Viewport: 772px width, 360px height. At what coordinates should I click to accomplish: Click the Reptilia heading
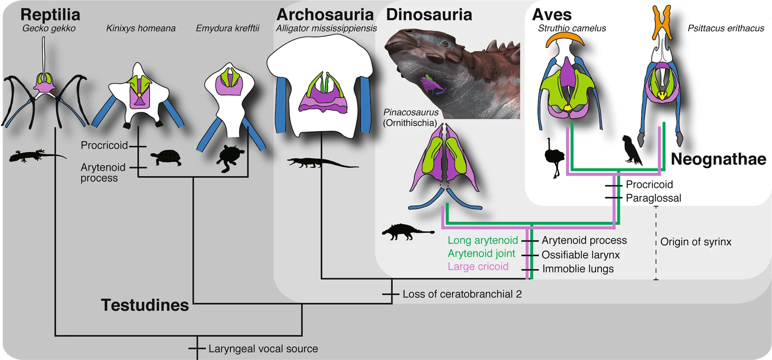click(x=50, y=15)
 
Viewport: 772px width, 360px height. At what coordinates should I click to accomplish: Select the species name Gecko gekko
click(x=49, y=28)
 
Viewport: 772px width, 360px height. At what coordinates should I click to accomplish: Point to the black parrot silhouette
click(x=631, y=150)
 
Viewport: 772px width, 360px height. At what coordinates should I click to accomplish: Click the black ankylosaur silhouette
click(x=405, y=232)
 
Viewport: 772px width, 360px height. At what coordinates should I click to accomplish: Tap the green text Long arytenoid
click(x=482, y=240)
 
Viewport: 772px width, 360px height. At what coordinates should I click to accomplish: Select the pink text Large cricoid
click(x=478, y=266)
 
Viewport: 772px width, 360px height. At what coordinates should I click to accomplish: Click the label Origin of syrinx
click(x=696, y=242)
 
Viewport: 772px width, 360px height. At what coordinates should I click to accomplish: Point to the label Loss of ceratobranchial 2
click(x=462, y=294)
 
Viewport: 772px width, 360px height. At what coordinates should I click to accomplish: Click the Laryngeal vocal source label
click(x=263, y=348)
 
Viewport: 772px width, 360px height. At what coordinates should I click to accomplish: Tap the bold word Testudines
click(x=145, y=305)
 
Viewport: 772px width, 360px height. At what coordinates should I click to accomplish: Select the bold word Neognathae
click(x=718, y=159)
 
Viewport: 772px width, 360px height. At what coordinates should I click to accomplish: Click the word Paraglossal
click(x=653, y=198)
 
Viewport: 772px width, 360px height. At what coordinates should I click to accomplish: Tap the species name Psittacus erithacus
click(x=726, y=28)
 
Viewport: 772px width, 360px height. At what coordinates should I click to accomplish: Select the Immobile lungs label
click(x=578, y=269)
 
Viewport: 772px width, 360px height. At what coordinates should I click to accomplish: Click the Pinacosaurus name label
click(x=411, y=112)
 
